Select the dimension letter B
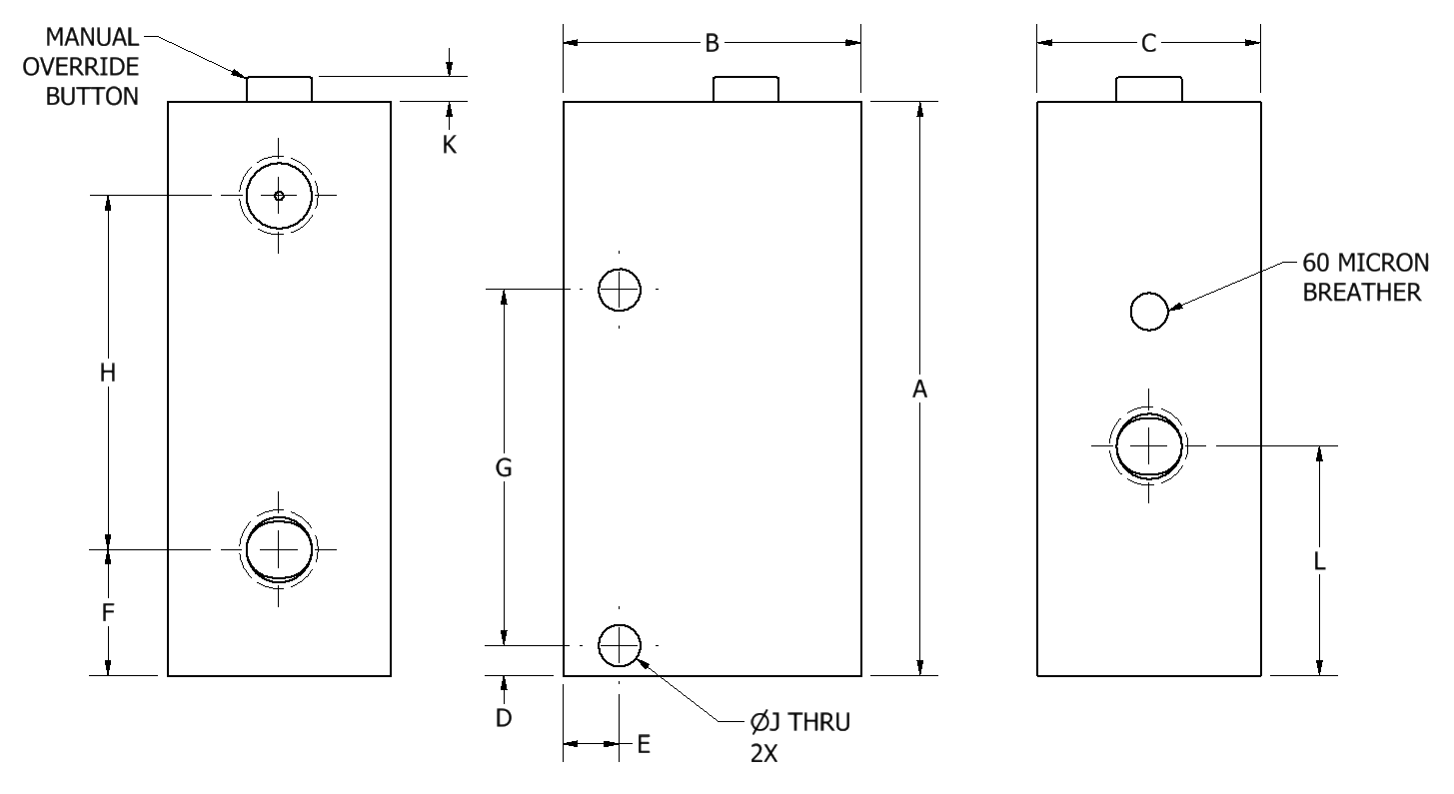coord(712,43)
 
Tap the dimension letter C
coord(1148,43)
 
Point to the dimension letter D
coord(504,717)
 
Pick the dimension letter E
coord(644,744)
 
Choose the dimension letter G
coord(504,467)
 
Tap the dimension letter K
coord(450,145)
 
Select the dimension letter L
coord(1319,562)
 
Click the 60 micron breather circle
coord(1149,312)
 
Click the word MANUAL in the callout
coord(96,38)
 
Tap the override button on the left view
coord(279,88)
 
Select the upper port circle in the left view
coord(279,195)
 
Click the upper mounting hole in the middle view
coord(619,290)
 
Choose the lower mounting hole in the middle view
coord(619,645)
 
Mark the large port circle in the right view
coord(1149,444)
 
